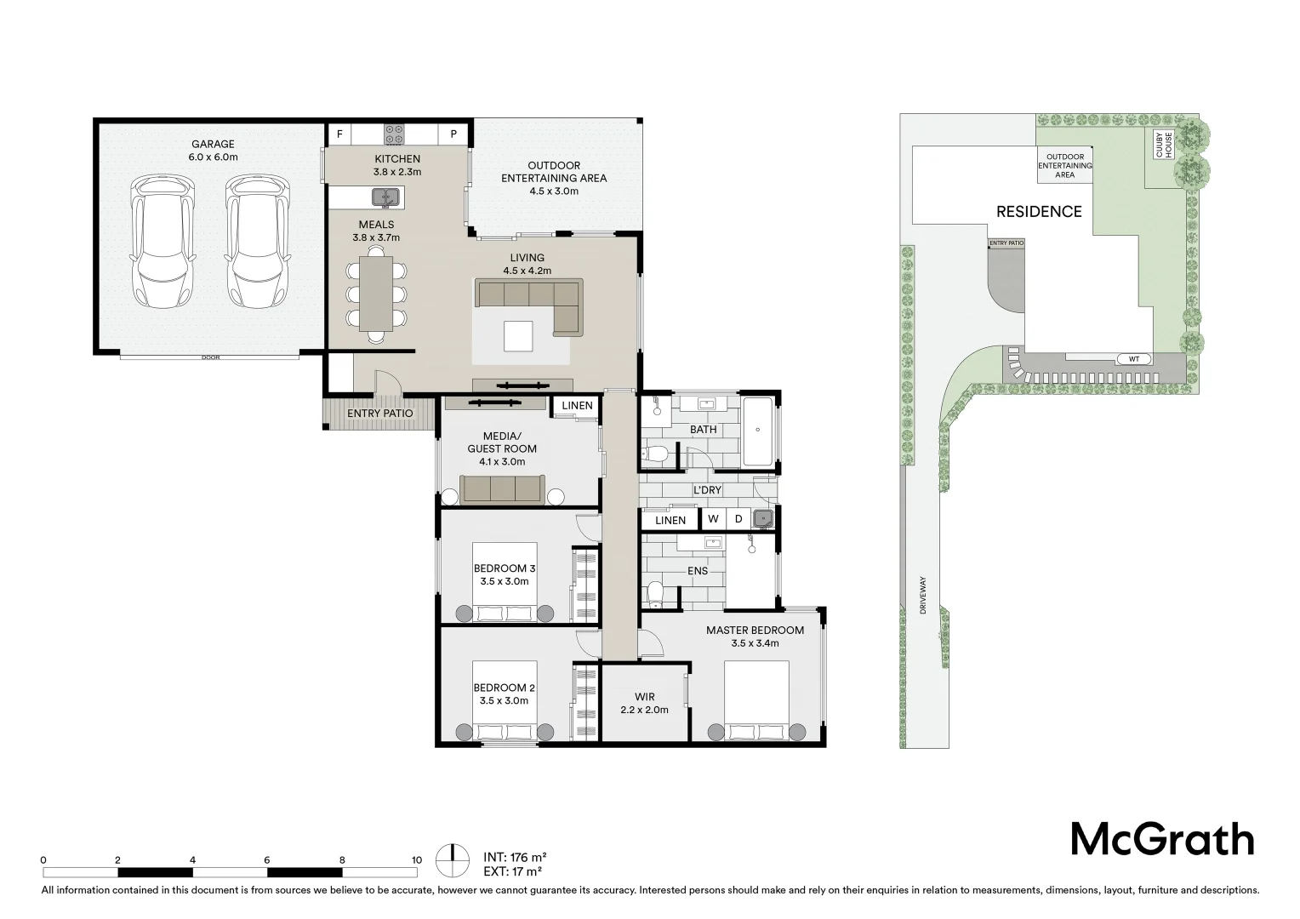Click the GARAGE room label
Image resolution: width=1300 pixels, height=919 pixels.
click(212, 145)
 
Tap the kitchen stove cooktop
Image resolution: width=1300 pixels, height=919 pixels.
click(395, 134)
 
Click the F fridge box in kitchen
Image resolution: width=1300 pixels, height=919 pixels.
click(340, 134)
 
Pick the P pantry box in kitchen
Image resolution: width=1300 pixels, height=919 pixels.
click(453, 134)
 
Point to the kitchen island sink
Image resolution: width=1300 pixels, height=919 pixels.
click(386, 197)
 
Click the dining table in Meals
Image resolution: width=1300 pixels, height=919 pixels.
click(376, 294)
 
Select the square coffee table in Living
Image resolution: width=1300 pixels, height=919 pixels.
click(518, 335)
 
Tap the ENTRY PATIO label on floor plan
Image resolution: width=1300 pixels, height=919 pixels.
click(379, 414)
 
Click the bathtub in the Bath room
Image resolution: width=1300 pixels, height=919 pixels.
click(756, 431)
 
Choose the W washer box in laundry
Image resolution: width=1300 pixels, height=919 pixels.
click(712, 519)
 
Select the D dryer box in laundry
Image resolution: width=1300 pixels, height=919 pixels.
click(738, 519)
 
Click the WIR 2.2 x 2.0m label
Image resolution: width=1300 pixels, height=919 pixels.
click(644, 703)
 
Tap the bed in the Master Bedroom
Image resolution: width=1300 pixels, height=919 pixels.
click(756, 701)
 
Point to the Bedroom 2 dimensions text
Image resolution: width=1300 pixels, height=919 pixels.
click(504, 701)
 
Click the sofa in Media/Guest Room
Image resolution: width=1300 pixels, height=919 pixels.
click(502, 490)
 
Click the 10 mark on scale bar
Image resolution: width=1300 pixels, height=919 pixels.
click(417, 860)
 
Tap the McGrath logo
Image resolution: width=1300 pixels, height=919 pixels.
click(1162, 839)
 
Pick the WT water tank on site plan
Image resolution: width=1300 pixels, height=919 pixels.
click(1133, 358)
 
